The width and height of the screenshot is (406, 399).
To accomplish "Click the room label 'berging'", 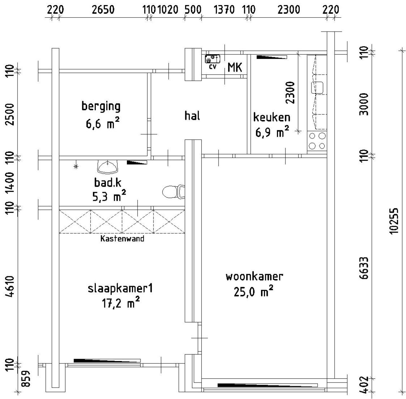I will point(101,107).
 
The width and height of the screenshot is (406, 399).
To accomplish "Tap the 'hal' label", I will point(192,116).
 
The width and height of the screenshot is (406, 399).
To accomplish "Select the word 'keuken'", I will point(272,118).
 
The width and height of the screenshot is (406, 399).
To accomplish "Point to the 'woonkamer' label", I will point(254,277).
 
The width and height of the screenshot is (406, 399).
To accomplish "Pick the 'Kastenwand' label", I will point(122,239).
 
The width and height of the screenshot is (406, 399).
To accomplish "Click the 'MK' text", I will point(235,67).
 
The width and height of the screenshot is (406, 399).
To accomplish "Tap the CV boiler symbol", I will point(212,59).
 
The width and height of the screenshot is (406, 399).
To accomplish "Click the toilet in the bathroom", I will point(173,192).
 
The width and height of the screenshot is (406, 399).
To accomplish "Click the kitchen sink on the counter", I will point(318,88).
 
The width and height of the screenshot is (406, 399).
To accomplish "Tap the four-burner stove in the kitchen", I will point(317,141).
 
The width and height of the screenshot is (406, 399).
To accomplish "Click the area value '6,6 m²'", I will point(102,123).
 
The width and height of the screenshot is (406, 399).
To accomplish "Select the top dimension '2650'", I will point(103,10).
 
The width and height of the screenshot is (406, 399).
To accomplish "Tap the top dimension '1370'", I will point(224,10).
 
